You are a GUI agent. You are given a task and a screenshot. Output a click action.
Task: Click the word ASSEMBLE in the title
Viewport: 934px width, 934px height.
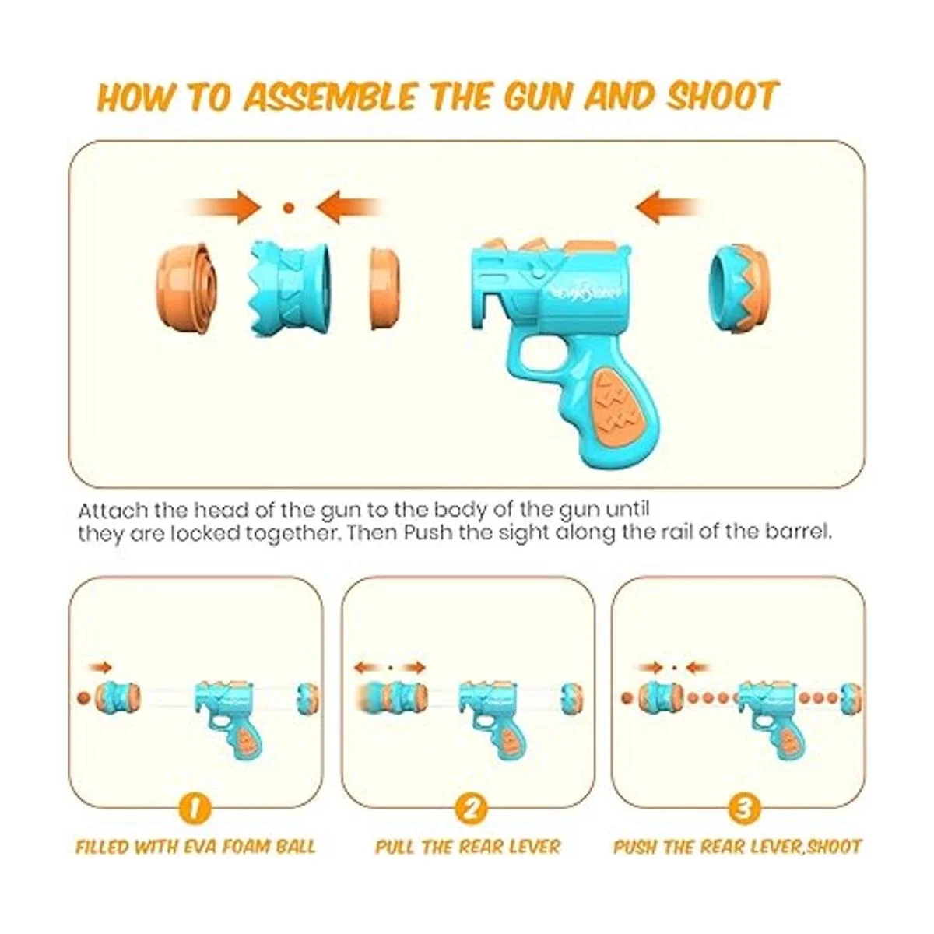click(330, 97)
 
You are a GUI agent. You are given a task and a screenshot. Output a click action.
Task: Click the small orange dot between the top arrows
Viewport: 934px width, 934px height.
click(289, 208)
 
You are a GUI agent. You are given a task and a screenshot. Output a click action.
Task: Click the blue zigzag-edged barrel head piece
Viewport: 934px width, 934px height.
click(290, 288)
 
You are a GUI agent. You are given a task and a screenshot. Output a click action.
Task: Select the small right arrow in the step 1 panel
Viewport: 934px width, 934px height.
click(100, 669)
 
